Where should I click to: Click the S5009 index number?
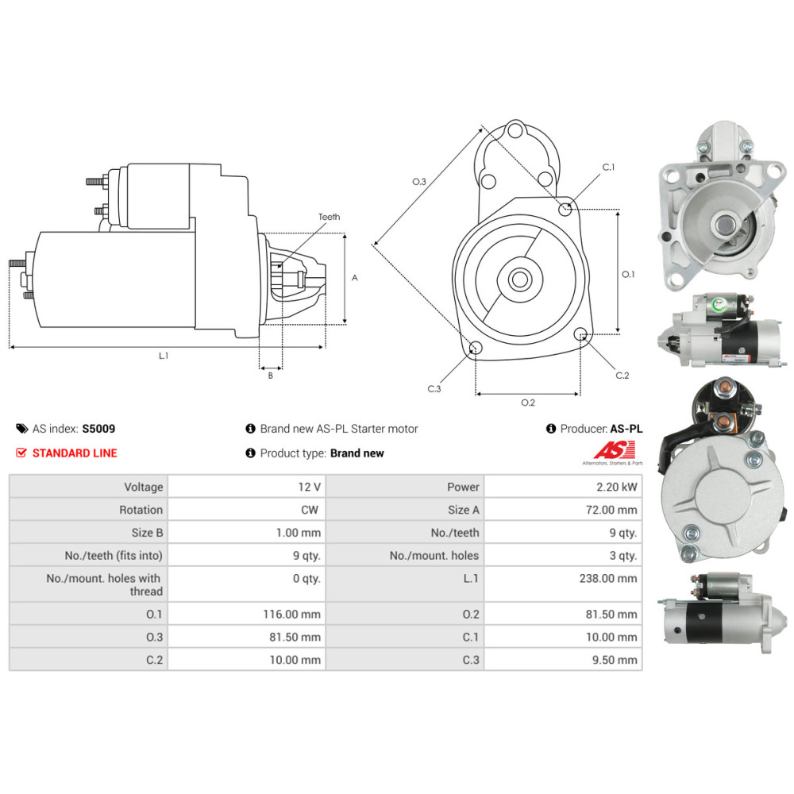click(98, 429)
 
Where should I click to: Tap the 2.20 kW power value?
click(616, 488)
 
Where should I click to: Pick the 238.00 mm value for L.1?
click(608, 578)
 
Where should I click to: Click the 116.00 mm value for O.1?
click(291, 615)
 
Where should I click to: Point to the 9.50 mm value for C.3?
click(615, 660)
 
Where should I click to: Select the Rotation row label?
click(141, 510)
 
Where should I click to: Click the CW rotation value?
click(310, 510)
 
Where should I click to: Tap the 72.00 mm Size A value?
click(611, 510)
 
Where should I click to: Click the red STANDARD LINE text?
click(75, 453)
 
